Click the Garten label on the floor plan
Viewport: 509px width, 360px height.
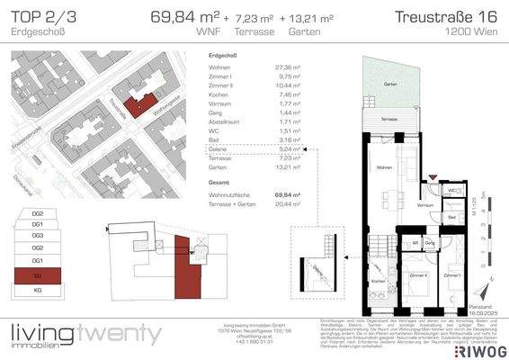tap(389, 85)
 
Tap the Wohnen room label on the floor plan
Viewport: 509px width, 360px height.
tap(383, 168)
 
